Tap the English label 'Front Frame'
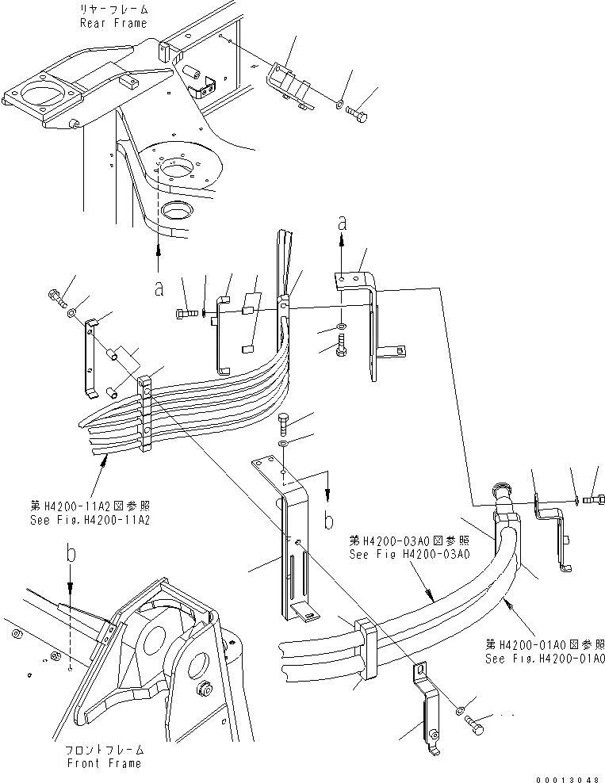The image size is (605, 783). coord(105,763)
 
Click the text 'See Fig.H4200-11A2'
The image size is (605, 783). coord(88,520)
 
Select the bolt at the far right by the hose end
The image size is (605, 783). coord(592,499)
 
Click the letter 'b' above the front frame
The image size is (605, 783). coord(71,556)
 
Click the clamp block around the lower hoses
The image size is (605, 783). coord(362,651)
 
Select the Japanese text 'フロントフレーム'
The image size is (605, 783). coord(105,749)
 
